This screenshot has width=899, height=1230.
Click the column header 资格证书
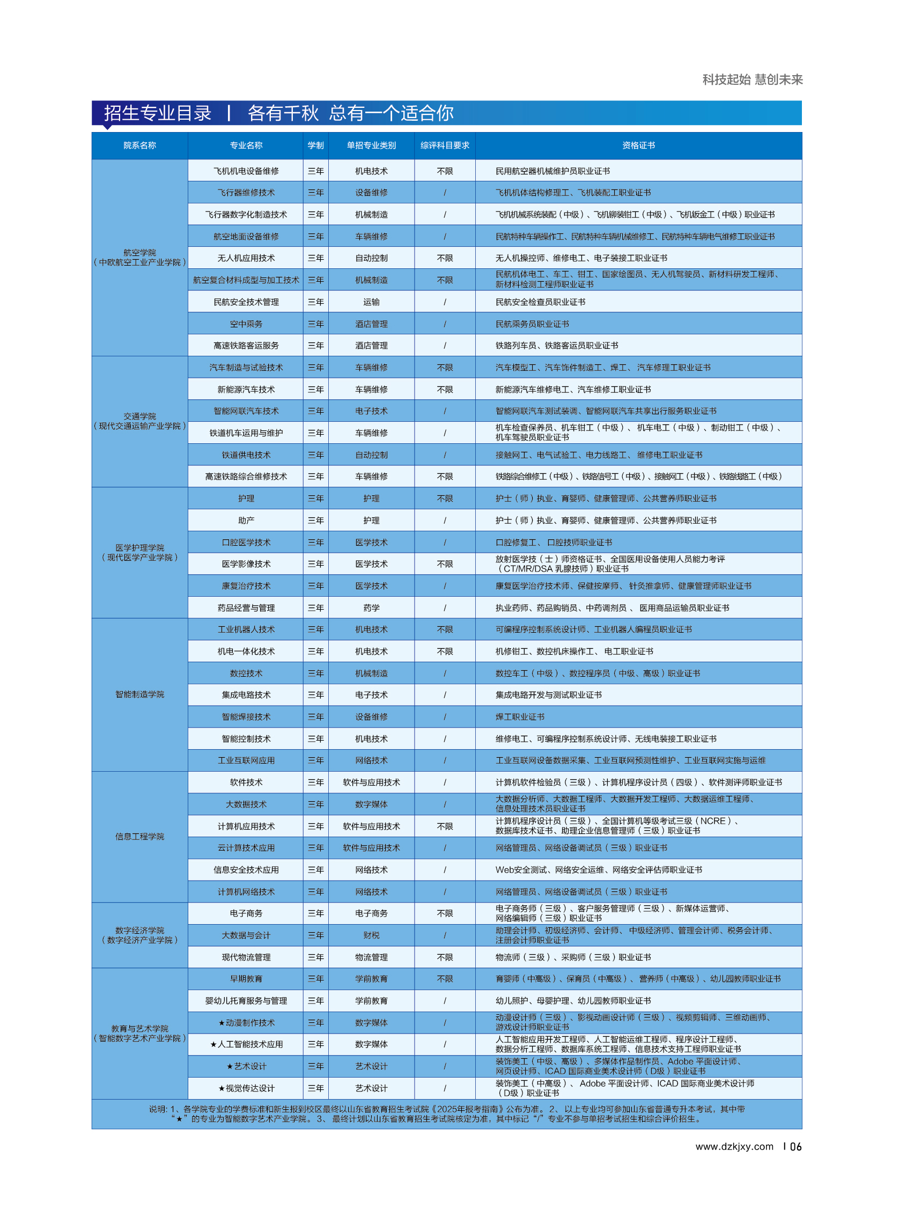(638, 145)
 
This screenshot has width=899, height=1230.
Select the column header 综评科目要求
(445, 145)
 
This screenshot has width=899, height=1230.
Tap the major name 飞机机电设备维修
(246, 171)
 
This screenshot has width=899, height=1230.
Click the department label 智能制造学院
(139, 694)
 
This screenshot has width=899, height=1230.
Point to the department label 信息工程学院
(139, 836)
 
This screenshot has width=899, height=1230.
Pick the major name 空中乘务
(246, 324)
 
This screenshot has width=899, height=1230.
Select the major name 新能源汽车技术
(246, 389)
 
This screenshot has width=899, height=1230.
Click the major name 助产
(246, 521)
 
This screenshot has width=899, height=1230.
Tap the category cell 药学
(371, 607)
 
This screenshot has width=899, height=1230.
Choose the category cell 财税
(371, 935)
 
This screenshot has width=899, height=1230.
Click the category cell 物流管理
(371, 957)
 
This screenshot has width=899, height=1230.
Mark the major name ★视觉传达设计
(246, 1088)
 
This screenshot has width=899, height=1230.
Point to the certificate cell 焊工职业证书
(520, 717)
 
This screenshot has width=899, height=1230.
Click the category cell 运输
(371, 302)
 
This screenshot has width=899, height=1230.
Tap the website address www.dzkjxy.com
(734, 1146)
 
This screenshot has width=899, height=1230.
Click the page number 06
(795, 1147)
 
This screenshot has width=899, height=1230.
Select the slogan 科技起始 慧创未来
(752, 79)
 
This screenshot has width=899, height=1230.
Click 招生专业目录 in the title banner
(158, 113)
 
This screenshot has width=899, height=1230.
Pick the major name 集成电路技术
(246, 695)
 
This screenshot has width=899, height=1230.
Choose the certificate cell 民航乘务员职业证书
(532, 324)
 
